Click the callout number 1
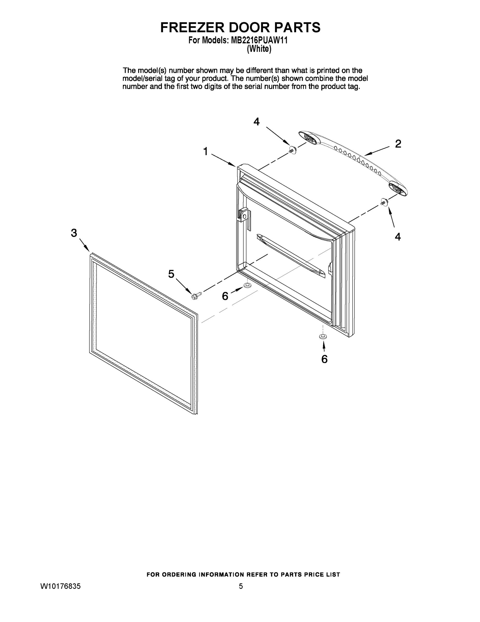205,152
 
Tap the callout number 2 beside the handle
398,144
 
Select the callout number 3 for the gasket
74,233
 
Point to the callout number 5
171,274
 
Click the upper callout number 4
256,122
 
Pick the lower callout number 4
397,236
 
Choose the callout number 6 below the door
324,359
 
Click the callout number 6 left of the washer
225,296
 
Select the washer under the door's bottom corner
322,337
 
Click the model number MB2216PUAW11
259,40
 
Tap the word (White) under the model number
259,49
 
